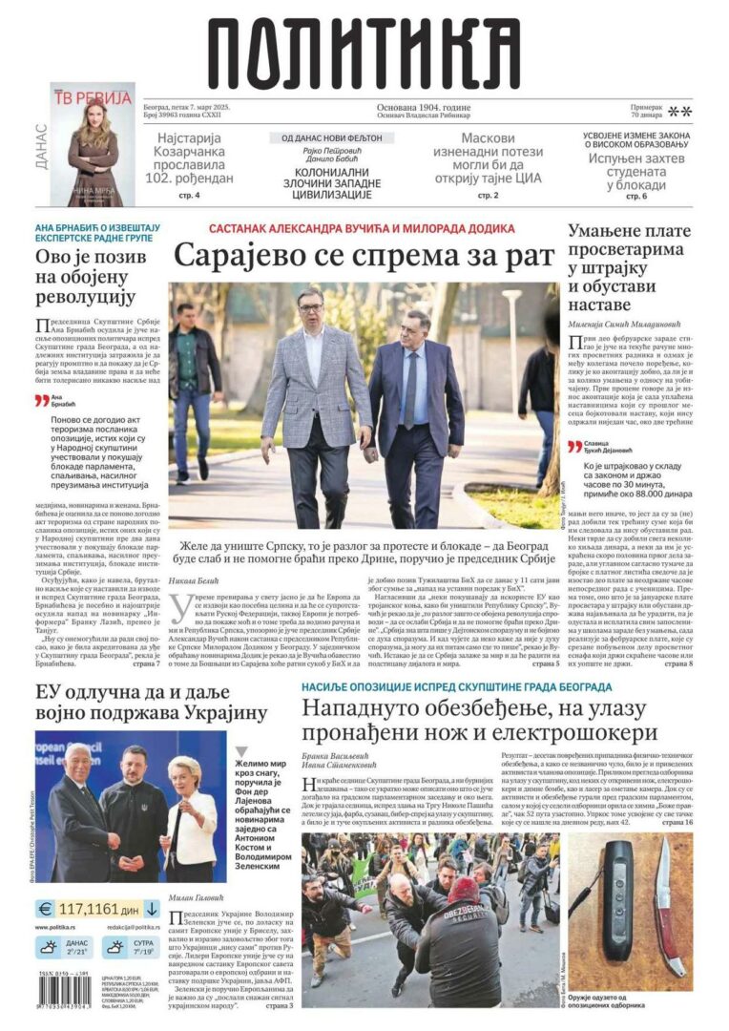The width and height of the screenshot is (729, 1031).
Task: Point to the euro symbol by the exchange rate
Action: pos(44,908)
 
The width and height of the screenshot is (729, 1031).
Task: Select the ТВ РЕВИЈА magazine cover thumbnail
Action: pos(93,143)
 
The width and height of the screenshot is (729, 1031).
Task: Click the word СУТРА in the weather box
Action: pos(139,940)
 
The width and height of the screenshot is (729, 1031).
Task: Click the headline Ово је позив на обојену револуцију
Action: pos(92,278)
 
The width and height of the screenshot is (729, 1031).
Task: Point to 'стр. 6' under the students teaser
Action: pos(636,196)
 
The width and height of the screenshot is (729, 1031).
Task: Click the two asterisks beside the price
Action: pos(680,112)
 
